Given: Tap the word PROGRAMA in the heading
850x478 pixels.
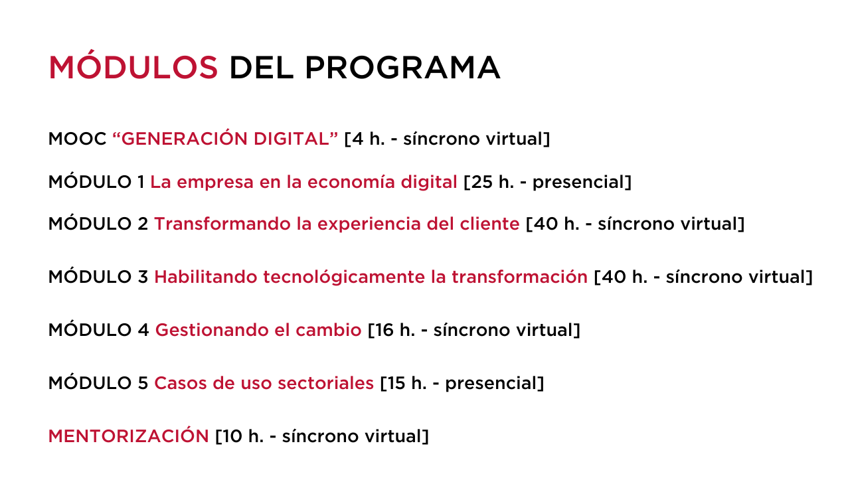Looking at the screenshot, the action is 402,68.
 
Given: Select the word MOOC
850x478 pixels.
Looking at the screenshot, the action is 78,139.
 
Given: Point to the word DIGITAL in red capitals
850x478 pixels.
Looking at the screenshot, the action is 291,139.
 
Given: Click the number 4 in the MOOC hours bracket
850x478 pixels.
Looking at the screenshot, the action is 358,139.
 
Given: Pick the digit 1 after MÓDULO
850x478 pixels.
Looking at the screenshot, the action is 141,182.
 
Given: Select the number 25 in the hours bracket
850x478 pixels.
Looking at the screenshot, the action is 481,182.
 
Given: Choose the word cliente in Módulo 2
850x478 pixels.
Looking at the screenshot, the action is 490,224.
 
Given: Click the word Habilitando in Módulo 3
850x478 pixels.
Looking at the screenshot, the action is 206,277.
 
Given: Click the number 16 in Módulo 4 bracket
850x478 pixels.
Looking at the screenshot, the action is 384,330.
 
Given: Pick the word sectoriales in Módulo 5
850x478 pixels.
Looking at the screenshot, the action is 326,383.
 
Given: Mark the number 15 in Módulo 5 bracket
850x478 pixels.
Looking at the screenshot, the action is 396,383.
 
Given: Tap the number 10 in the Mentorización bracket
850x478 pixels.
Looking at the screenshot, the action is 232,436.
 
